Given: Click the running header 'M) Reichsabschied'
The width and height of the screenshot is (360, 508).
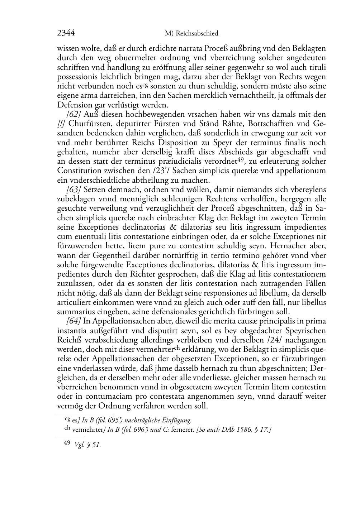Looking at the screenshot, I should click(x=191, y=34).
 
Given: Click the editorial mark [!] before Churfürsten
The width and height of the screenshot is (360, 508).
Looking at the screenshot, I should click(x=61, y=124).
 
